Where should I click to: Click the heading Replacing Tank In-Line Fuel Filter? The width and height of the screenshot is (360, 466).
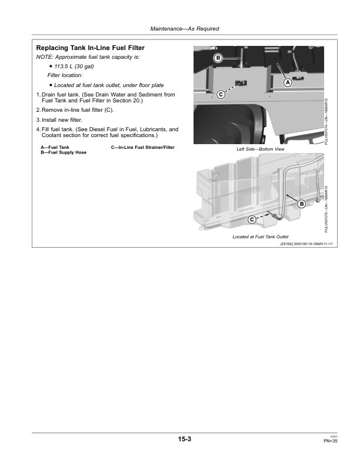pos(90,48)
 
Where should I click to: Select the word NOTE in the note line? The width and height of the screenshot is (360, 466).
pos(44,56)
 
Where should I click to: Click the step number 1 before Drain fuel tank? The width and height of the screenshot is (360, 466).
pos(38,94)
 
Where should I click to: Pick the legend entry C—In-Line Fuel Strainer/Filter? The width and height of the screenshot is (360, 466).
pos(142,147)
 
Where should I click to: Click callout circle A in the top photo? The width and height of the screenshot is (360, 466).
pos(288,83)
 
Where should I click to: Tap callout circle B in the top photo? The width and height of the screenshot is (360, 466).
pos(218,58)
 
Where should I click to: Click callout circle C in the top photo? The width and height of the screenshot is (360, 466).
pos(221,94)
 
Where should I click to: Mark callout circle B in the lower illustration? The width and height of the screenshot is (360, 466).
pos(302,204)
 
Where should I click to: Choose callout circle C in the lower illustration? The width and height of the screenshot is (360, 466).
pos(252,219)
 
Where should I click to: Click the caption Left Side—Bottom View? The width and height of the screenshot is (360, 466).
pos(260,149)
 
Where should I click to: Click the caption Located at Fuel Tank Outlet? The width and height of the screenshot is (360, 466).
pos(260,237)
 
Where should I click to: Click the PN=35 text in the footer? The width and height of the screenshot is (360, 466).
pos(329,441)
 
